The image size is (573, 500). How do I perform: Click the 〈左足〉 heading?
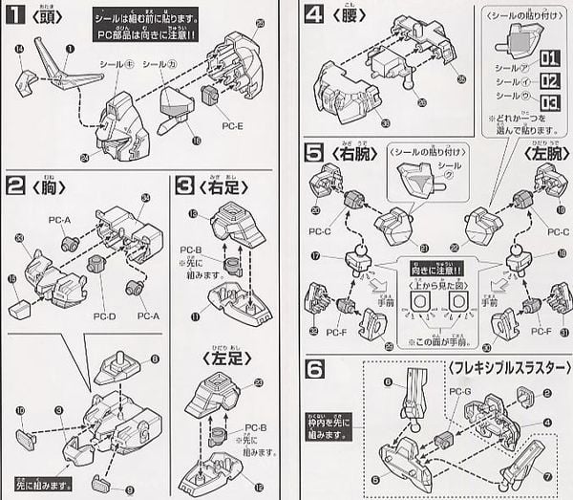pos(226,358)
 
